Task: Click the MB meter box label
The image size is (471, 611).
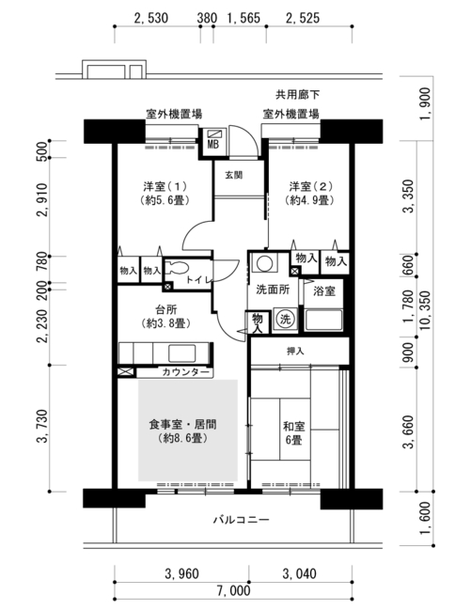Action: (x=213, y=145)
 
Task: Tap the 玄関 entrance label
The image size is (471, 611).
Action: (x=234, y=176)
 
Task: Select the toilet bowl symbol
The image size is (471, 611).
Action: (x=177, y=268)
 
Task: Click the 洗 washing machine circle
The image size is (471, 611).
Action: (x=285, y=320)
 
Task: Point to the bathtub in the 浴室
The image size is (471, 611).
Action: (x=323, y=320)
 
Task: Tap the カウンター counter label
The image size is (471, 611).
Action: (x=185, y=372)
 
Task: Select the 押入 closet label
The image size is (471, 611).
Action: (x=295, y=352)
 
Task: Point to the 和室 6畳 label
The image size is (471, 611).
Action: (x=293, y=433)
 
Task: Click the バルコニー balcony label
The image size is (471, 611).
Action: (x=242, y=520)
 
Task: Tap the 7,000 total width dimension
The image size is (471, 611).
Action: (x=233, y=590)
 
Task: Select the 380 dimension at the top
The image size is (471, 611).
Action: (x=207, y=18)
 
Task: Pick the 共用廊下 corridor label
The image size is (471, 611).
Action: (x=298, y=95)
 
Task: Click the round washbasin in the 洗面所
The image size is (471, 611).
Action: (x=265, y=263)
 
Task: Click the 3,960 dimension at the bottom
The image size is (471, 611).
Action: (x=182, y=573)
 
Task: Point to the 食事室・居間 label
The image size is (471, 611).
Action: (x=182, y=424)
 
